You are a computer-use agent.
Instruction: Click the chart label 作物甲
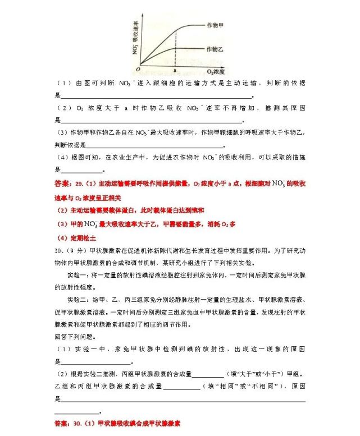[x=216, y=25]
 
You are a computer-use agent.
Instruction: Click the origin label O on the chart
[x=137, y=68]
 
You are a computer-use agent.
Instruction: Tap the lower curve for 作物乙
[x=163, y=53]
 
